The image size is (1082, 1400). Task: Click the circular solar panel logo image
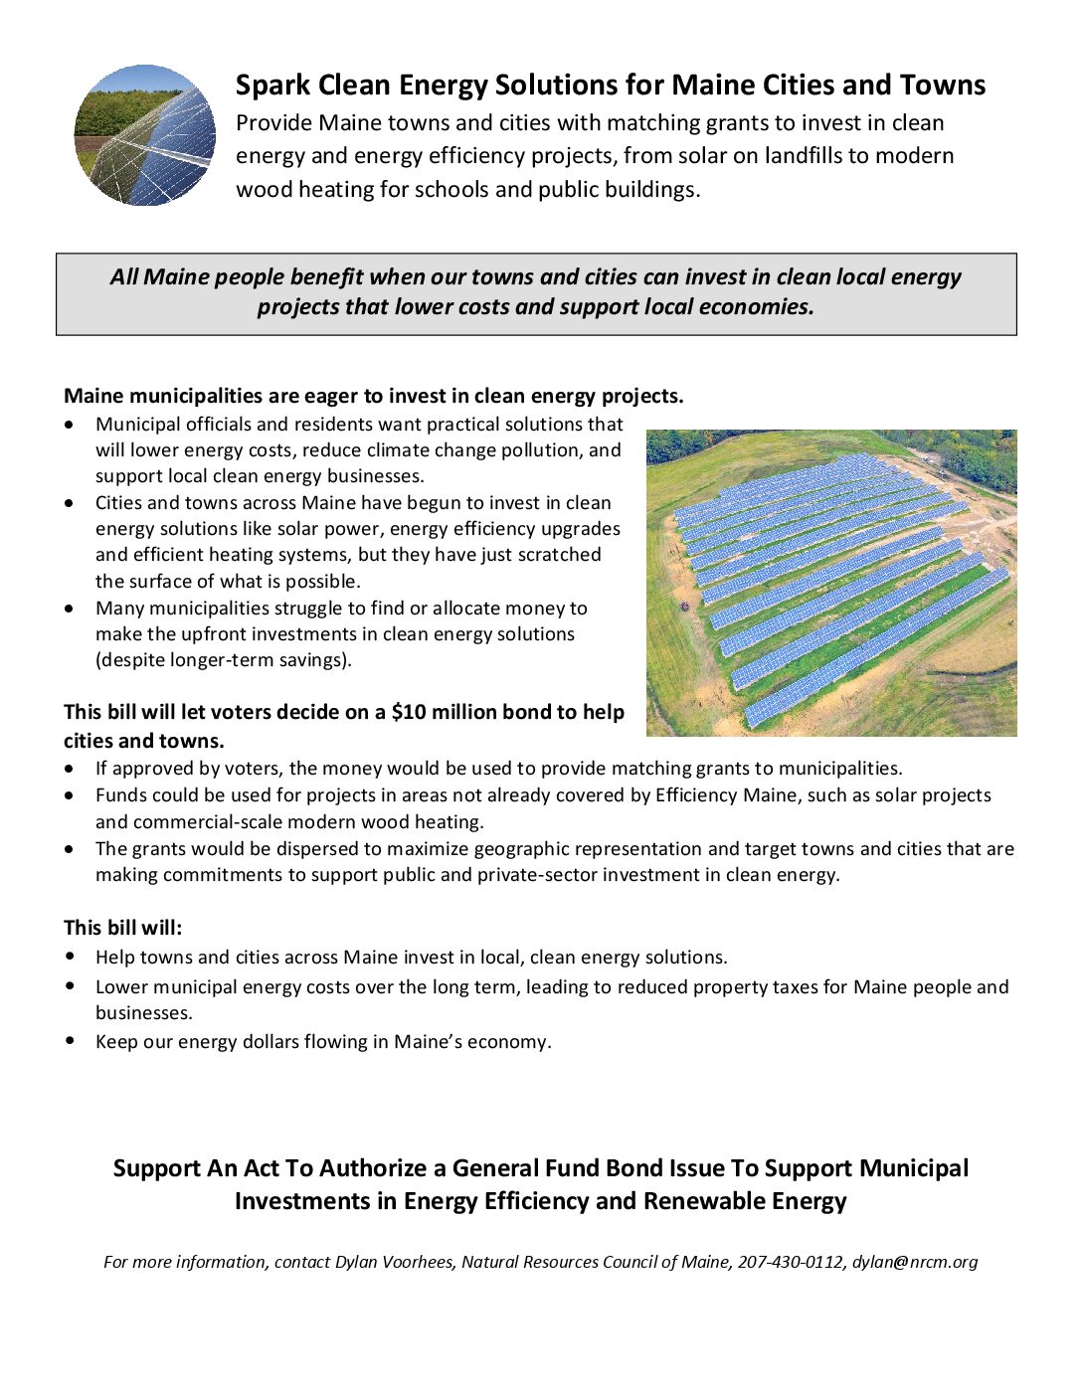tap(144, 135)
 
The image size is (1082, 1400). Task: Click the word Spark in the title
tap(272, 86)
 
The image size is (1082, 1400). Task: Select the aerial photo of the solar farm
tap(831, 583)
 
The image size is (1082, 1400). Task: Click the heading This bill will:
tap(123, 928)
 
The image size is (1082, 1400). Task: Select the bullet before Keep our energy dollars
tap(70, 1041)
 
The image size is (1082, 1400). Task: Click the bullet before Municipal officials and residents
tap(69, 425)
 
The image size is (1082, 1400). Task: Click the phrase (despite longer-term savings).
tap(224, 660)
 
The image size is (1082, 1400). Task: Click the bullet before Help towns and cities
tap(70, 957)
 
